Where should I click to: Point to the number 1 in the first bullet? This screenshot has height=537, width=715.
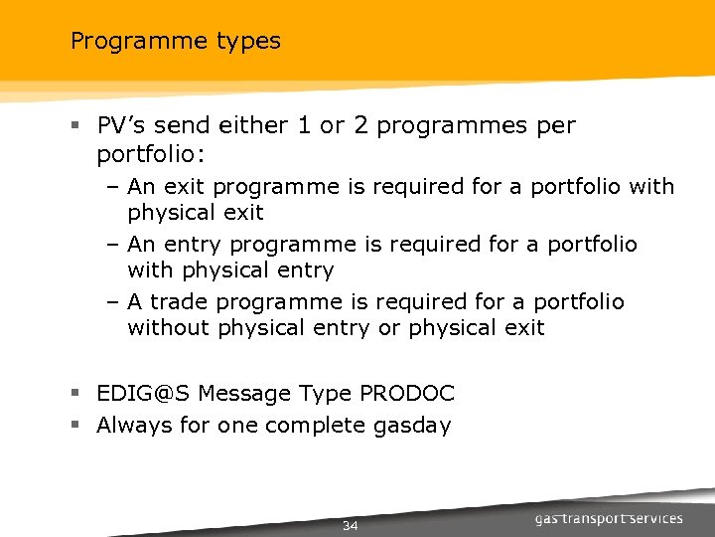[x=303, y=126]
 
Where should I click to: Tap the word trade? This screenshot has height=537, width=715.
[x=182, y=301]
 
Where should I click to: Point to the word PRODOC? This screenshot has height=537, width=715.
[x=405, y=394]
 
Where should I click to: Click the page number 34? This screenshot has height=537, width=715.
[x=350, y=526]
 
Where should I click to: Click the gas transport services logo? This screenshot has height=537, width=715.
[x=609, y=518]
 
